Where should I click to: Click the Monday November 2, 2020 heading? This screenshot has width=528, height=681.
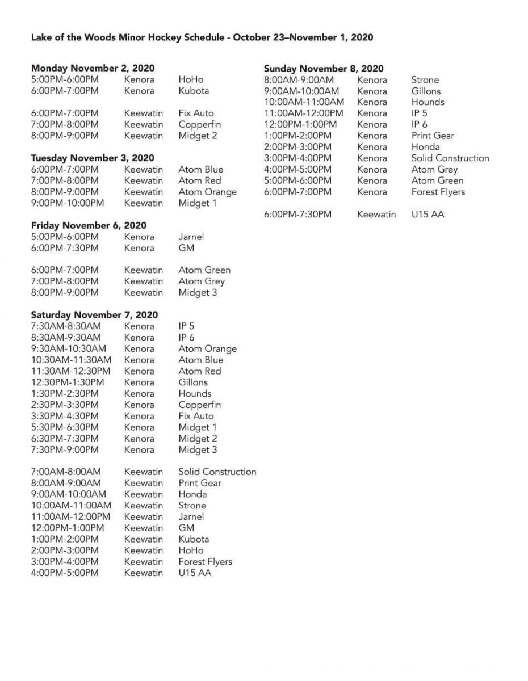(93, 69)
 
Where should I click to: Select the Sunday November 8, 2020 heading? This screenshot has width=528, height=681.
(324, 69)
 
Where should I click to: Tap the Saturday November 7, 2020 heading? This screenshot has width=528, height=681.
(94, 315)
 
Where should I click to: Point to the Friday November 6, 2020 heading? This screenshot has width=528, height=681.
(89, 225)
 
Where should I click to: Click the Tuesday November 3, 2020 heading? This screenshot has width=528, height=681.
(93, 158)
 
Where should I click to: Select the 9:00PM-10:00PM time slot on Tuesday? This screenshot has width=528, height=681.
(68, 203)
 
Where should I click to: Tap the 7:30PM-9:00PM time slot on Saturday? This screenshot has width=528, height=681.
(65, 450)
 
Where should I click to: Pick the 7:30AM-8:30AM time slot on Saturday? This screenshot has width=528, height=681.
(66, 326)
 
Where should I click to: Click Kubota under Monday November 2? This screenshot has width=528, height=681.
(194, 91)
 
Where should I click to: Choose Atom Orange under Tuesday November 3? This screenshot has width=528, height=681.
(207, 192)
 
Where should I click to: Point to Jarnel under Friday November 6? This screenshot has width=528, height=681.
(191, 237)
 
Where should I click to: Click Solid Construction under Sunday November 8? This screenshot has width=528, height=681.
(450, 158)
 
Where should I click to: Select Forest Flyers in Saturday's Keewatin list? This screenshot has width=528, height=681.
(205, 562)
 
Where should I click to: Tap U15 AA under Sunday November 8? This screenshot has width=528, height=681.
(428, 215)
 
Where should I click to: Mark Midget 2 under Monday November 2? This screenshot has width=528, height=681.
(198, 136)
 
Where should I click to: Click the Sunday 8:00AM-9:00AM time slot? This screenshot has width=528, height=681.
(299, 80)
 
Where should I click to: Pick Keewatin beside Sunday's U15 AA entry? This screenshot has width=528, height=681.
(376, 215)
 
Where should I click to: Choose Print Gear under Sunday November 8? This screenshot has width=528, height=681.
(433, 136)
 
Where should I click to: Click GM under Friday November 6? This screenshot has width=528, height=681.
(186, 248)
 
